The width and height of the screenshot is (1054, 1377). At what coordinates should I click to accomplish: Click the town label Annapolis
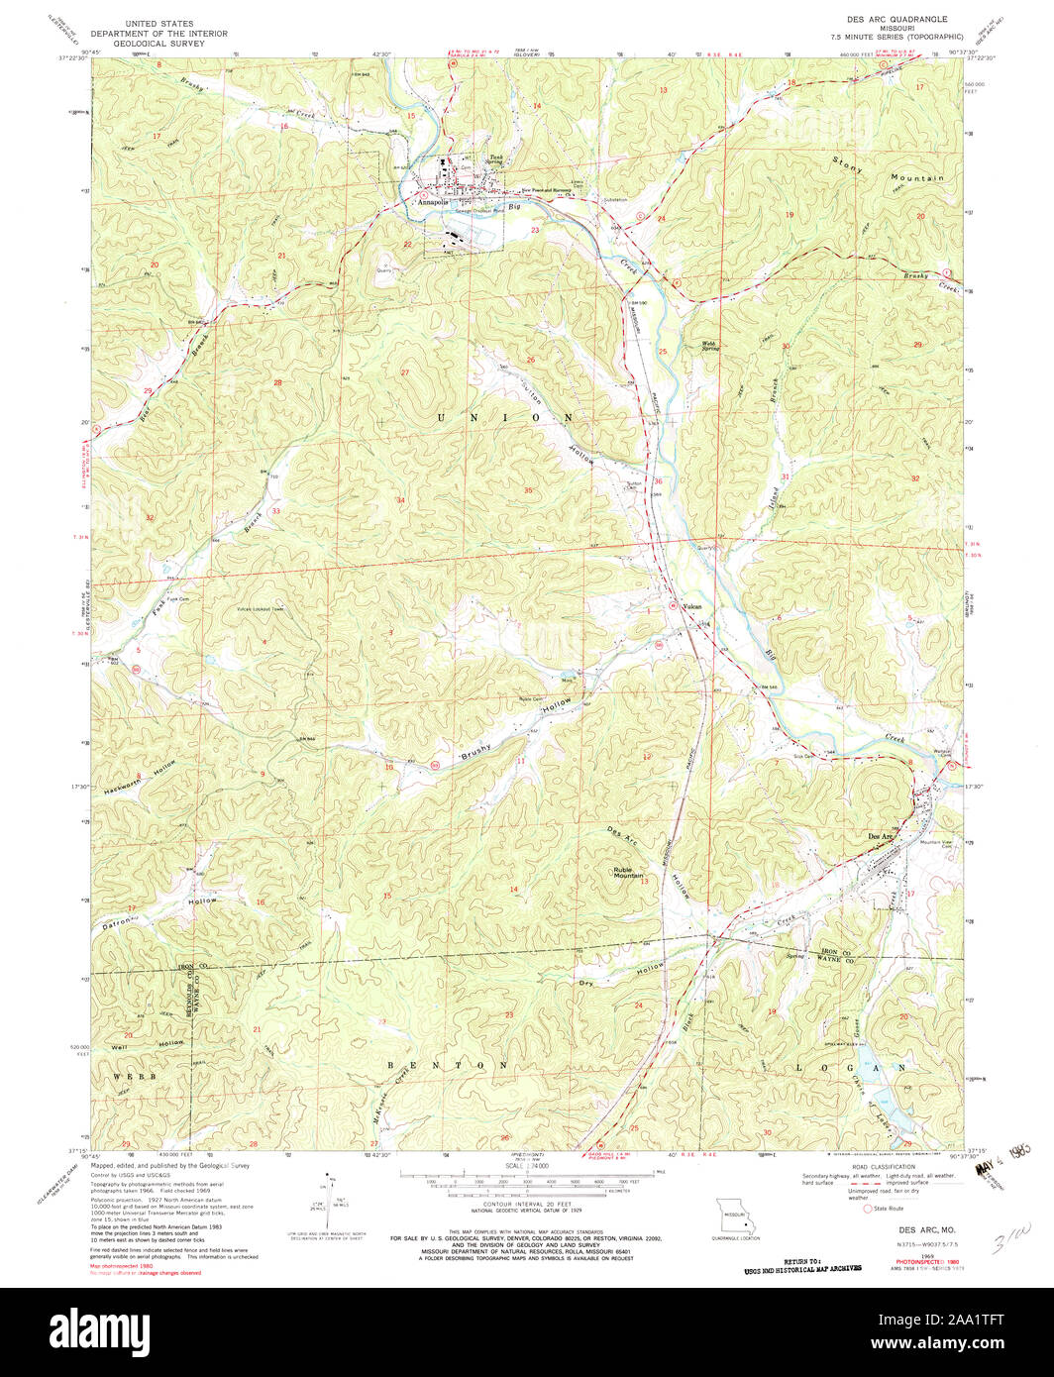(434, 201)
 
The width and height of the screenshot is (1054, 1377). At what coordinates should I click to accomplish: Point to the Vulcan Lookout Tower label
(260, 608)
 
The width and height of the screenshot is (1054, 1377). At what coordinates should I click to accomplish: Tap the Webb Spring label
(710, 346)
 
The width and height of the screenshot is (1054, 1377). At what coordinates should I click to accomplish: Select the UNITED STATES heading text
(159, 21)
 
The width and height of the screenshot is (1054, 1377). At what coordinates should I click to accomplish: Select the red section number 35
(528, 490)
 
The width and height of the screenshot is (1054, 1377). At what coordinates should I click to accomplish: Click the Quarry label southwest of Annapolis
(384, 265)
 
